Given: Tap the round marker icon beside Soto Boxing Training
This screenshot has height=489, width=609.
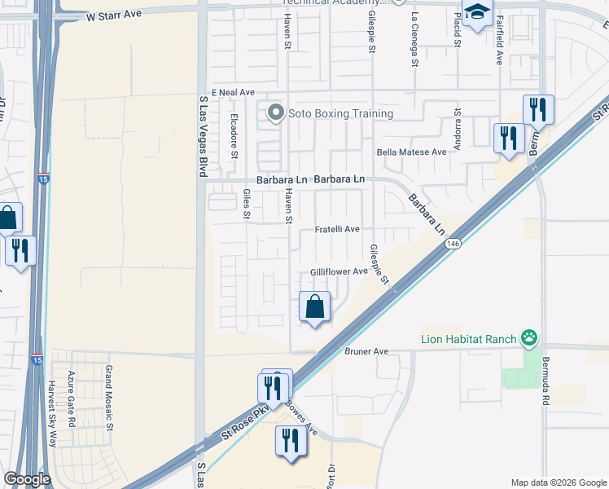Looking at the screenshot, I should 276,112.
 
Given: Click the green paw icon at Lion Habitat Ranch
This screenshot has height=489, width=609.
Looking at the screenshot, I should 531,336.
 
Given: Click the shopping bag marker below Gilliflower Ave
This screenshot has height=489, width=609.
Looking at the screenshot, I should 315,307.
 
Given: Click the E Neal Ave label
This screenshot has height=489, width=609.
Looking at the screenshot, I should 234,93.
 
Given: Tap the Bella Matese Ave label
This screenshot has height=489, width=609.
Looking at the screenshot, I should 411,152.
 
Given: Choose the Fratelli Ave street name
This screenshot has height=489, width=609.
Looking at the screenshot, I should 337,230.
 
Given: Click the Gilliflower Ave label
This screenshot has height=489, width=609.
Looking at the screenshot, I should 339,272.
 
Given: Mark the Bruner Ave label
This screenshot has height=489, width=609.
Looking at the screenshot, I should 367,351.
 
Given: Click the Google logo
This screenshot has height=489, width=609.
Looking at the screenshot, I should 27,479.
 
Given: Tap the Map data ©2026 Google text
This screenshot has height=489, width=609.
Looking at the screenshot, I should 558,482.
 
